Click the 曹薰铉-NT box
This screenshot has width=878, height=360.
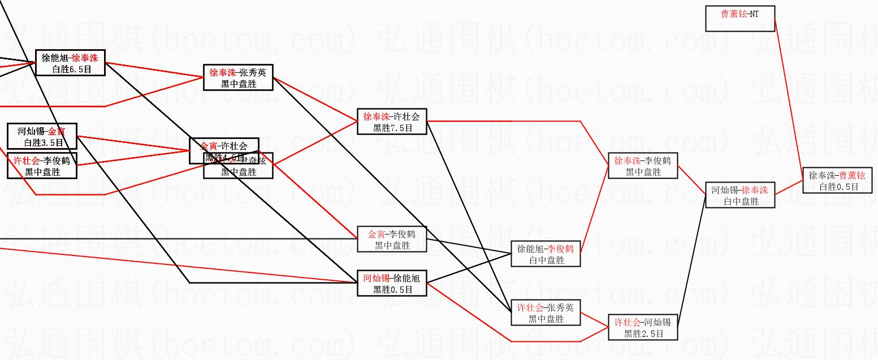click(739, 19)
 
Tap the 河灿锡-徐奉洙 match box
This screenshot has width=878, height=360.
click(739, 195)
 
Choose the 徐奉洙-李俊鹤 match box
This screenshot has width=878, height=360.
click(642, 166)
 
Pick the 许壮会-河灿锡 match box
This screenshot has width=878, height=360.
click(642, 327)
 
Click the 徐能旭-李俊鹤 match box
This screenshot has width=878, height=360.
click(545, 254)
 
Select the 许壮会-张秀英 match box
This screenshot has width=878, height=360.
click(545, 313)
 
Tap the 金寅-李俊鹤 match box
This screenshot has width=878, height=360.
click(392, 239)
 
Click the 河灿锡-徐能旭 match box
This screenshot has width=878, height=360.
click(392, 283)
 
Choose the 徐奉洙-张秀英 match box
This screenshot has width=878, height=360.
click(238, 77)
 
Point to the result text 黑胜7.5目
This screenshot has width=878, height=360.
click(392, 128)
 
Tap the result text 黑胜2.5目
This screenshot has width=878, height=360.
click(642, 333)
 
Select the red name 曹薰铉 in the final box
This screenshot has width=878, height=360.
click(851, 175)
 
